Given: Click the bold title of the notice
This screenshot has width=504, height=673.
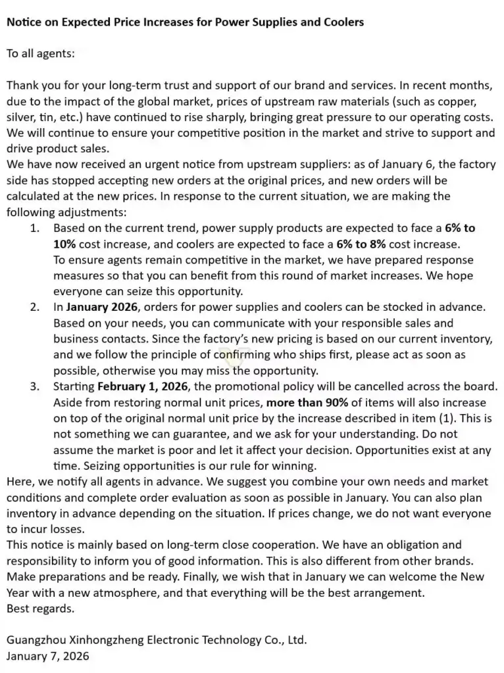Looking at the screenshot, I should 185,22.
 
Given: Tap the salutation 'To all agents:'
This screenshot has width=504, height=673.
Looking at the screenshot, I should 41,54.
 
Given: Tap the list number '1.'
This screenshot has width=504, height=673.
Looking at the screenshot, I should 35,228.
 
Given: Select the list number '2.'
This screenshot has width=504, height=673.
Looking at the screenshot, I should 35,307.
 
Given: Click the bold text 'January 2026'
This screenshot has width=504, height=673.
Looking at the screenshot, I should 102,307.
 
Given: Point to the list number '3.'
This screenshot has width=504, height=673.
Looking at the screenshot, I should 35,386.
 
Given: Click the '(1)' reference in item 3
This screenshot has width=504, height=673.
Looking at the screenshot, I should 453,417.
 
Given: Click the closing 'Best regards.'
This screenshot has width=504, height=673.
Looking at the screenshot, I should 41,608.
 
